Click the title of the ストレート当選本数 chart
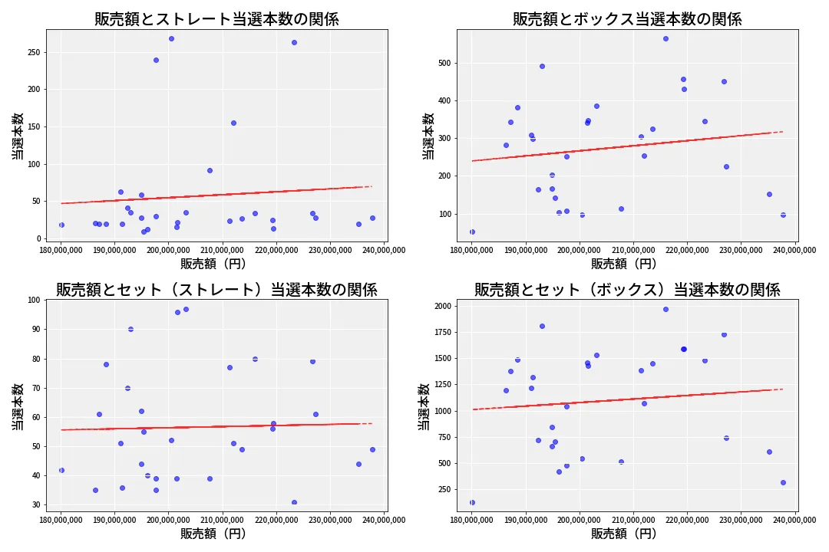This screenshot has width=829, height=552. tap(216, 19)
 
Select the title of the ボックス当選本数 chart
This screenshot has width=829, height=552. tap(627, 19)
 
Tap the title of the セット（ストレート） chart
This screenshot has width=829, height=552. tap(216, 290)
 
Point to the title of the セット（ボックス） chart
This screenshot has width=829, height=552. tap(627, 290)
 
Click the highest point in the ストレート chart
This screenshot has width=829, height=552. tap(171, 38)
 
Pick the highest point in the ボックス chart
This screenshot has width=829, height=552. tap(666, 38)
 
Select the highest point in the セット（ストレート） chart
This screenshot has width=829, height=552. tap(186, 309)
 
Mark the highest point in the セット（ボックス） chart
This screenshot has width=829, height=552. tap(666, 309)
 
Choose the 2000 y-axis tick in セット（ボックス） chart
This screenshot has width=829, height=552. tap(441, 306)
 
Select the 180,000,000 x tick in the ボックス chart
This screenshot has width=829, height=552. tap(471, 249)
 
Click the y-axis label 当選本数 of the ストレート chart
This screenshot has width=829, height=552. tap(17, 136)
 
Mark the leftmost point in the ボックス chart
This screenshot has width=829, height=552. tap(472, 232)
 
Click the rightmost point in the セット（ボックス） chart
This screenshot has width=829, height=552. tap(783, 482)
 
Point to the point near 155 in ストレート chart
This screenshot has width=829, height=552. tap(233, 123)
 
